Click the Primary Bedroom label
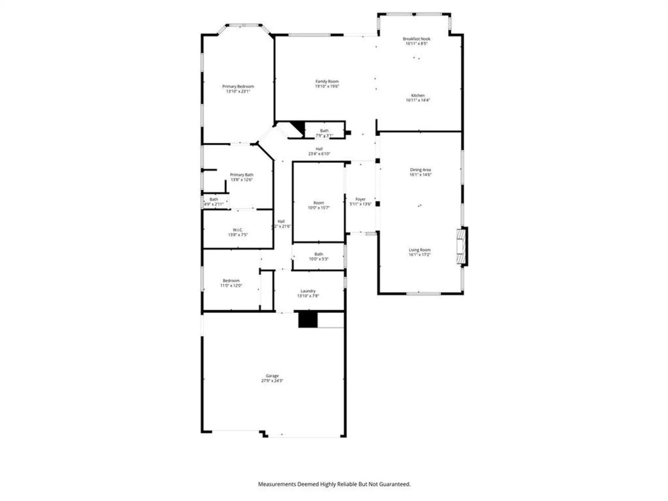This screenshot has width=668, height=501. [x=238, y=87]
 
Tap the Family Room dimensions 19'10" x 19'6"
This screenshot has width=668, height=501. [x=327, y=86]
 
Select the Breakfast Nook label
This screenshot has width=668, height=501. [x=416, y=39]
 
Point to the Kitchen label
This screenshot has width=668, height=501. [x=417, y=96]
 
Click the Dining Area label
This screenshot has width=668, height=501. [x=420, y=170]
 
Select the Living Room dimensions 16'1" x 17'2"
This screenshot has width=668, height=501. [x=420, y=255]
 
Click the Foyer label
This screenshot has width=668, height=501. [x=360, y=199]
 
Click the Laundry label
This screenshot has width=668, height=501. [x=308, y=291]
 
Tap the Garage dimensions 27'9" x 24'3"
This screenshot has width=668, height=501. [x=272, y=380]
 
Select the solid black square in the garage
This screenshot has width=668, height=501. [x=308, y=319]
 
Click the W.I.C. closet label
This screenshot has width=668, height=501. [x=237, y=230]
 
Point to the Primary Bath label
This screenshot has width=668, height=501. [x=241, y=175]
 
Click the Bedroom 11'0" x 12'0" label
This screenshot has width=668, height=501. [x=231, y=281]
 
